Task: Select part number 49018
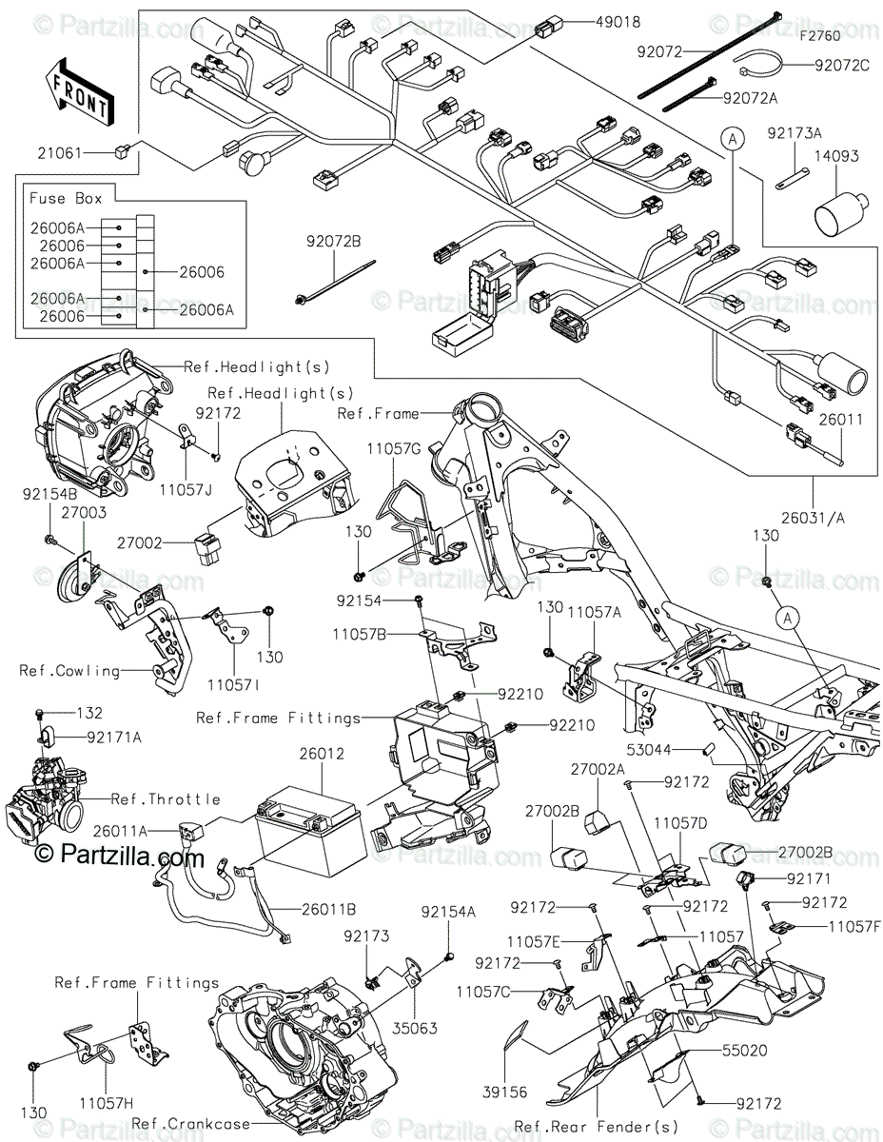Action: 618,23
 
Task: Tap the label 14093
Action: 837,156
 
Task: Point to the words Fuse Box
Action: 66,198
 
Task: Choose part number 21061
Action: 60,153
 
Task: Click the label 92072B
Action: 334,242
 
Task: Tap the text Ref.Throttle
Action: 166,799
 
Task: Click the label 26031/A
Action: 813,519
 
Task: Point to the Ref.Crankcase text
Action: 190,1124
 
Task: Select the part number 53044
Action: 649,750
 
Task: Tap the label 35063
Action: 415,1028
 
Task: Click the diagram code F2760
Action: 820,36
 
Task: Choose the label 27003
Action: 84,512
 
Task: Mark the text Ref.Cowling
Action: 69,671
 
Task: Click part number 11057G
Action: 394,449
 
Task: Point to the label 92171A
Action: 114,738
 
